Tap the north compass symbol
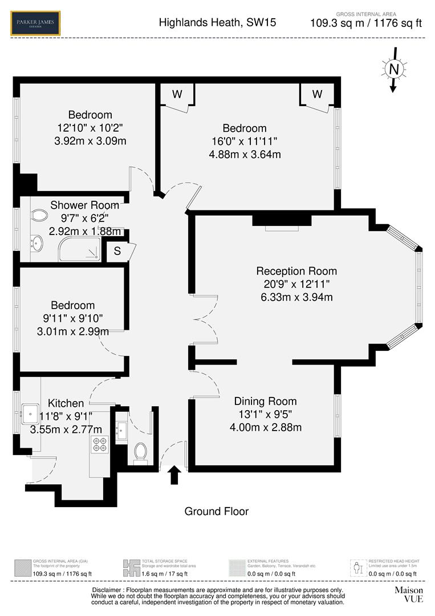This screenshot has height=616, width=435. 393,69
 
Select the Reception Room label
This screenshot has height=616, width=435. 296,271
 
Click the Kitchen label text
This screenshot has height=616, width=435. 66,403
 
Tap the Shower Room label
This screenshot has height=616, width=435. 85,205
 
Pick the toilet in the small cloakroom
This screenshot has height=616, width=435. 140,453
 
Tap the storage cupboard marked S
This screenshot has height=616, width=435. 117,250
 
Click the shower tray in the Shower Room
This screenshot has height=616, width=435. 80,249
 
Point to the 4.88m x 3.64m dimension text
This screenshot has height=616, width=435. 245,154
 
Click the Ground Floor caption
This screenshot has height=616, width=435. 216,511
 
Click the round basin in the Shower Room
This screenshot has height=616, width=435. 36,244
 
